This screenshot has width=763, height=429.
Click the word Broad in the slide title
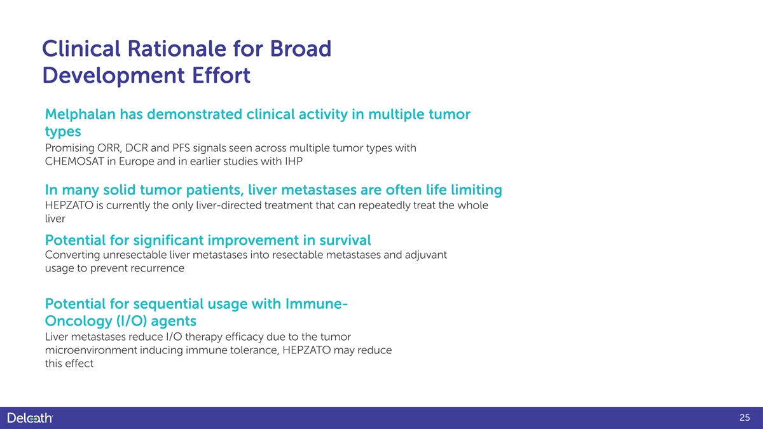[x=300, y=48]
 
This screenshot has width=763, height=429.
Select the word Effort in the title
[x=221, y=75]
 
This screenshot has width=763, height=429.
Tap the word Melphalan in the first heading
[x=80, y=114]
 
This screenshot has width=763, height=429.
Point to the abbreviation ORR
[x=109, y=148]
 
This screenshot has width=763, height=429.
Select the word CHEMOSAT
[x=74, y=161]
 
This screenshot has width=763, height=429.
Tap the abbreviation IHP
[x=294, y=161]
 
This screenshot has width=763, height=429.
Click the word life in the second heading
[x=436, y=189]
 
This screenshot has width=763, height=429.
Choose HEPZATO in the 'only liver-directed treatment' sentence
[x=69, y=205]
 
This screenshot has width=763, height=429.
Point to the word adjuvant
[x=425, y=255]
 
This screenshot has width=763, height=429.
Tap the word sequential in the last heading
[x=168, y=304]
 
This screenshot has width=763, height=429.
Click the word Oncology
[x=78, y=321]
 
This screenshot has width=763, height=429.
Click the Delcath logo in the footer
[x=30, y=418]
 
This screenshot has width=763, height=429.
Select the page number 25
[x=745, y=418]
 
